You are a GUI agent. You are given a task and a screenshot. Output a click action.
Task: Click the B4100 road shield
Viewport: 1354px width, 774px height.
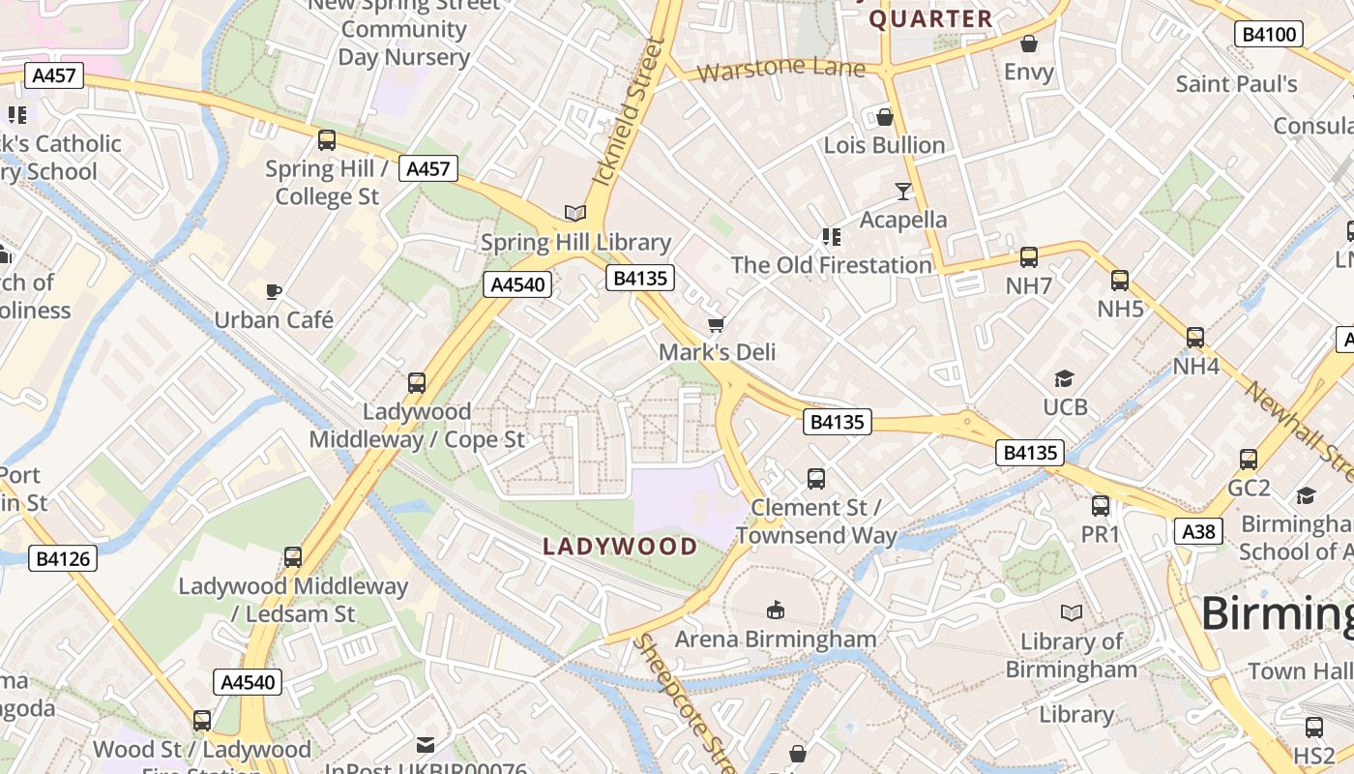tap(1269, 35)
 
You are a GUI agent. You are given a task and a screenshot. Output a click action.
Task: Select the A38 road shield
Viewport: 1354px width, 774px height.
tap(1198, 531)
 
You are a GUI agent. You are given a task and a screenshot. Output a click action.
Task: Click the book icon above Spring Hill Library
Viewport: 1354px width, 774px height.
tap(575, 213)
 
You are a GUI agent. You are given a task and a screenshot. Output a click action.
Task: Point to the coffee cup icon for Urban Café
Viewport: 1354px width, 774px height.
tap(274, 290)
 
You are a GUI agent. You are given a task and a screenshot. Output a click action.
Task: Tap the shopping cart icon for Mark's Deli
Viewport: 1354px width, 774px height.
tap(717, 323)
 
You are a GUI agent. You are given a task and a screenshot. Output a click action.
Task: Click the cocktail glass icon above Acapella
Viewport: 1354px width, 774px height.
tap(903, 191)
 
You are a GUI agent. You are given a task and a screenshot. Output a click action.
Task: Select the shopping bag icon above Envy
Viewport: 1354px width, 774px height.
tap(1029, 44)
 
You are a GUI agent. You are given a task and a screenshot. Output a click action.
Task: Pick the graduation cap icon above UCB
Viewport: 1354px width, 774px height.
tap(1065, 378)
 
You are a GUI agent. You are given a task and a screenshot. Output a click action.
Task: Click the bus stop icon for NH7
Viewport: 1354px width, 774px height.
tap(1029, 257)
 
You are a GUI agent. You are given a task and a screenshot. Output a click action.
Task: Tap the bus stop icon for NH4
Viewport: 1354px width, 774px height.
tap(1195, 338)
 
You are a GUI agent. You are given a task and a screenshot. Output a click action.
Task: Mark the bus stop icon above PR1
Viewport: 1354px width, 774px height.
tap(1101, 505)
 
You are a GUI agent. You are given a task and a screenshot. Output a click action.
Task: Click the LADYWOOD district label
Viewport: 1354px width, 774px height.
tap(620, 547)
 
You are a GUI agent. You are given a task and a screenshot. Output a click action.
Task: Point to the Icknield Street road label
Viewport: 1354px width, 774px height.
tap(630, 112)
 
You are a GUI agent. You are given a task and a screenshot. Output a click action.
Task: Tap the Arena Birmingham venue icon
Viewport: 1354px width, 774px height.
tap(775, 610)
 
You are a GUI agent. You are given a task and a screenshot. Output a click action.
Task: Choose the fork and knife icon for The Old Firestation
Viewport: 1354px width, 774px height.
tap(831, 236)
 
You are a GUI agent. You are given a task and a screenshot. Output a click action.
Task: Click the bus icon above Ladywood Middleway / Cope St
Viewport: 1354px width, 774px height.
tap(417, 382)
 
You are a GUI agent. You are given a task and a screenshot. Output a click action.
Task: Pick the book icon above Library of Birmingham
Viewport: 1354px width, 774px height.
tap(1072, 612)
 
